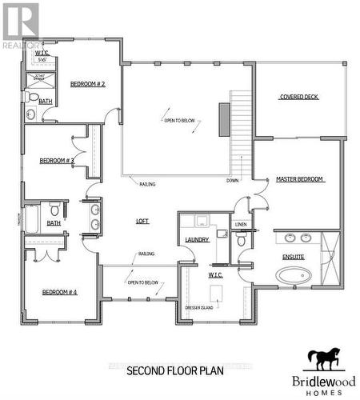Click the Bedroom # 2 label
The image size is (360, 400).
tap(88, 84)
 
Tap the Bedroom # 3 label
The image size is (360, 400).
tap(57, 161)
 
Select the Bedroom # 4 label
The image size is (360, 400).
tap(59, 291)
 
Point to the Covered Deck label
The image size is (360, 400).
tap(299, 97)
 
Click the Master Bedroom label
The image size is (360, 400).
tap(300, 179)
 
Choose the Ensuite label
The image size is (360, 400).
tap(294, 257)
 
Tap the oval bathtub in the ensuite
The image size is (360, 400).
tap(294, 276)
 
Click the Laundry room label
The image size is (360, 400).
tap(197, 239)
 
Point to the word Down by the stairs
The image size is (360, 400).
tap(232, 181)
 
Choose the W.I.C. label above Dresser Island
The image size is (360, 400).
tap(215, 275)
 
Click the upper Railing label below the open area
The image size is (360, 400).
tap(146, 184)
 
